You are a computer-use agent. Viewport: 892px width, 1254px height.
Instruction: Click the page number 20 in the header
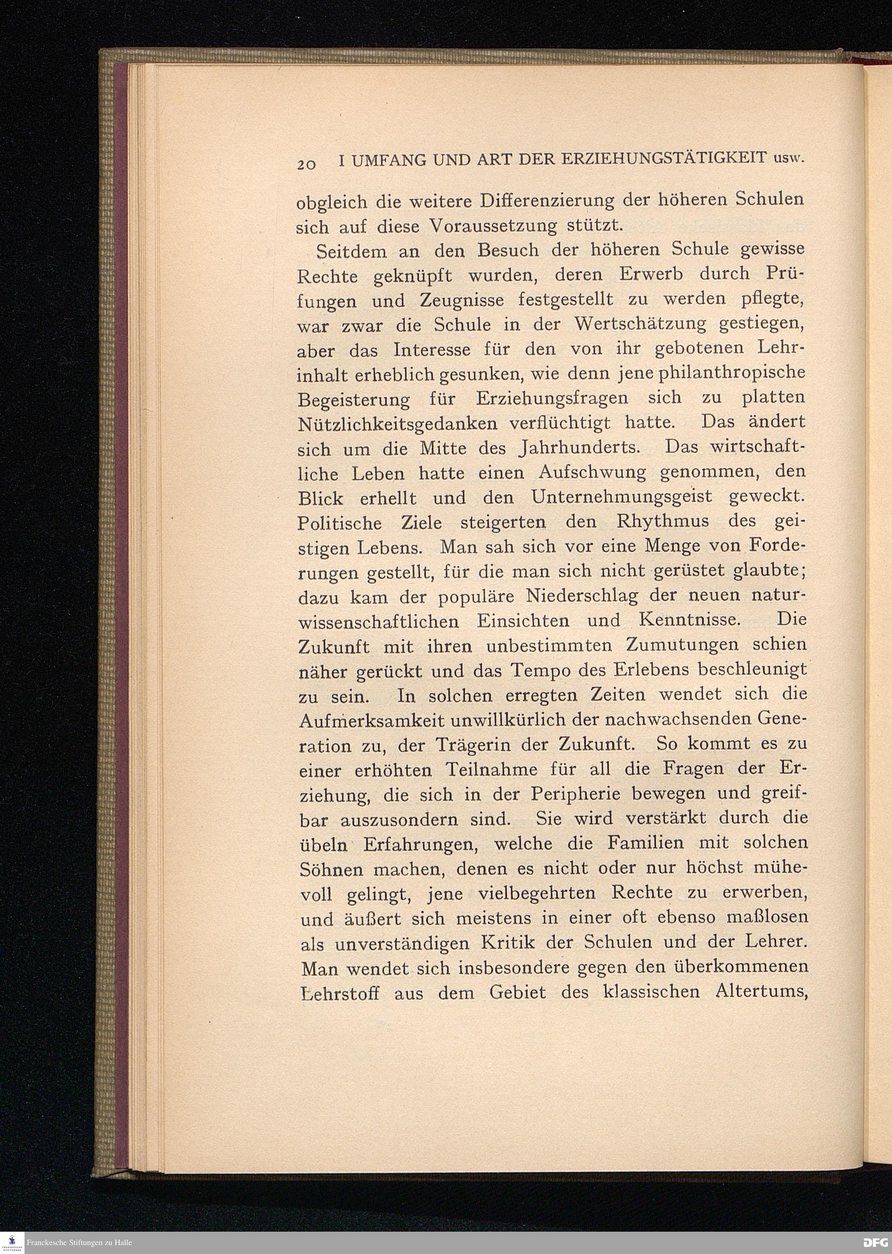point(305,164)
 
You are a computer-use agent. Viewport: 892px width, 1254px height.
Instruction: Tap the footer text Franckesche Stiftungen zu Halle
point(79,1243)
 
